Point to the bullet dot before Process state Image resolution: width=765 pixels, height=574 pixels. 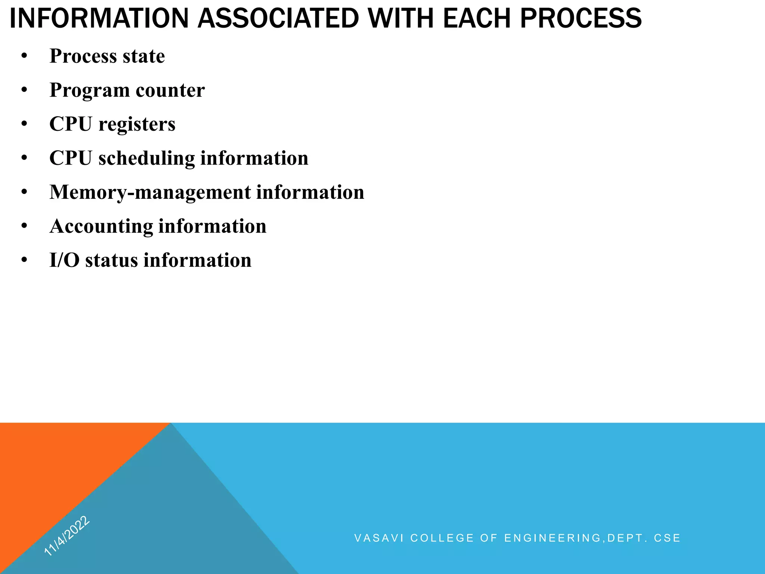[x=24, y=56]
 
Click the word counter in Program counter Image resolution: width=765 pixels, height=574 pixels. [x=170, y=90]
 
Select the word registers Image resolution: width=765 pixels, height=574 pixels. [x=137, y=124]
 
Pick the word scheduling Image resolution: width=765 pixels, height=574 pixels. [x=146, y=158]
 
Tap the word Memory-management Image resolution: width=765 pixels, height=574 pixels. [x=150, y=192]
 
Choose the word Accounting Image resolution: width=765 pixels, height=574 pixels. [x=101, y=226]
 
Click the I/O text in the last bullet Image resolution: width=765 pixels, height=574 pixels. [x=64, y=260]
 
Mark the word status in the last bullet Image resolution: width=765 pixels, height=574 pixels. [x=112, y=260]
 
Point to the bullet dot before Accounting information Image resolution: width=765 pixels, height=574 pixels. [x=24, y=226]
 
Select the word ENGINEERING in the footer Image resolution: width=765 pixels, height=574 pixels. [x=553, y=538]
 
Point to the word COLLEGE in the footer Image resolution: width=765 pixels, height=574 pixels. [x=442, y=538]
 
